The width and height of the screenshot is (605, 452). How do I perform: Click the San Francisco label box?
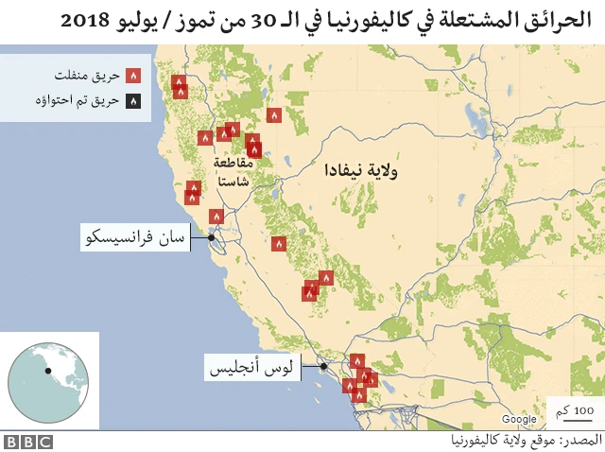(x=134, y=237)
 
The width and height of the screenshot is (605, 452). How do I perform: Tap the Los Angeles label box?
(x=252, y=366)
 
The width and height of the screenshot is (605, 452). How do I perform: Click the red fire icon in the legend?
(x=133, y=74)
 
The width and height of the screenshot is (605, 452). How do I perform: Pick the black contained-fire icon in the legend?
(x=133, y=98)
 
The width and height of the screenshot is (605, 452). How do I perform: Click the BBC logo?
(x=27, y=442)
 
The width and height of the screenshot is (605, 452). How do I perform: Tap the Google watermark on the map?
(x=519, y=419)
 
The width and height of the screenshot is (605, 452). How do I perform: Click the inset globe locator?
(x=53, y=378)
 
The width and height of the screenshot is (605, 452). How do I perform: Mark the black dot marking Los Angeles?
(x=323, y=366)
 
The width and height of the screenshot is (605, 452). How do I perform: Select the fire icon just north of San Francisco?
(x=216, y=217)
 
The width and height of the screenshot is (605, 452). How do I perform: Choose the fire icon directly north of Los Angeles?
(x=356, y=360)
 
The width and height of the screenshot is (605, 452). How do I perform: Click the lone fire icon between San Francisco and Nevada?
(x=279, y=243)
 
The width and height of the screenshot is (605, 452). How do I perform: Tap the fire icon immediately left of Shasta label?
(x=205, y=138)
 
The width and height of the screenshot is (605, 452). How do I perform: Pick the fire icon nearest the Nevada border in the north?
(x=274, y=115)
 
